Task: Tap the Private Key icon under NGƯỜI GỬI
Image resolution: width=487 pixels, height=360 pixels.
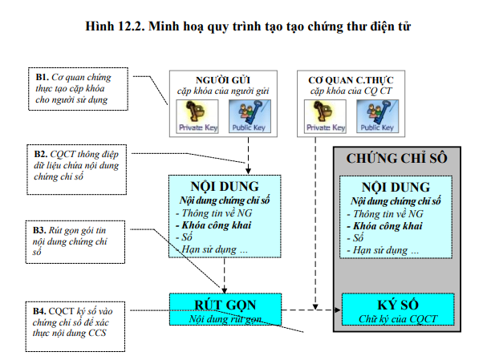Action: [x=197, y=116]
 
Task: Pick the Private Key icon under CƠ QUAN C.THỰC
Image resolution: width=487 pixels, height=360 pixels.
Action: [x=327, y=116]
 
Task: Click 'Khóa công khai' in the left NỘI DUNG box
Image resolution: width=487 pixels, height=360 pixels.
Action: [x=209, y=225]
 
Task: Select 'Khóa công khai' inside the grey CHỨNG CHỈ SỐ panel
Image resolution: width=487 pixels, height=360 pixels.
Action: [x=384, y=225]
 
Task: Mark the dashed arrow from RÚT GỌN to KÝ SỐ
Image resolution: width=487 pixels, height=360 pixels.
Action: [x=309, y=309]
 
